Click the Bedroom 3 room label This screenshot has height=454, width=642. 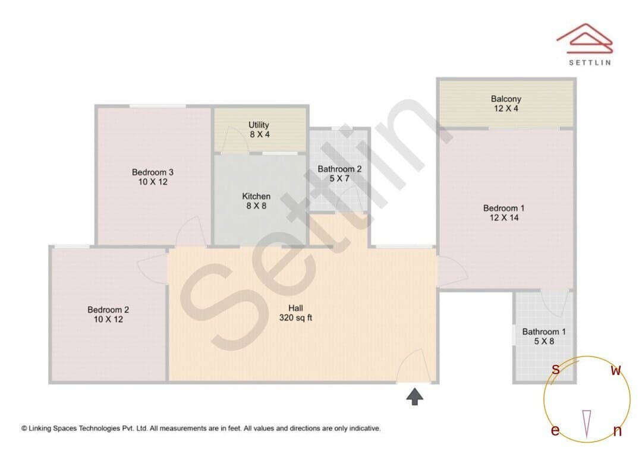(x=153, y=172)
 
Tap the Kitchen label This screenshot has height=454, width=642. (x=256, y=196)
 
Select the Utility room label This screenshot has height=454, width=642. (x=259, y=125)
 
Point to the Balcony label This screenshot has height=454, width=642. (x=506, y=99)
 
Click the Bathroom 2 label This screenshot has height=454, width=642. (x=339, y=169)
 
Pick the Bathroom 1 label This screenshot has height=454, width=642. (x=544, y=332)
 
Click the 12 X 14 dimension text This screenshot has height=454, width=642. (x=504, y=217)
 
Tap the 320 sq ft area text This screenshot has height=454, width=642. (x=295, y=318)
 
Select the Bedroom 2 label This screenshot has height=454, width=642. (x=108, y=310)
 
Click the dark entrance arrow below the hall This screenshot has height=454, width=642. (x=415, y=397)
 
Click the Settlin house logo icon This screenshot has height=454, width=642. (x=585, y=38)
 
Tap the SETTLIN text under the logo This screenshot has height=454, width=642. (x=590, y=62)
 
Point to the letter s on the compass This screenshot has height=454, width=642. (x=556, y=369)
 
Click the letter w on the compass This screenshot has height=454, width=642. (x=616, y=370)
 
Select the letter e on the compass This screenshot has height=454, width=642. (x=555, y=430)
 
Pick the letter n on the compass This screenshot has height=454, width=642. (x=618, y=431)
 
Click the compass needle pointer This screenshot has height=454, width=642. (x=587, y=424)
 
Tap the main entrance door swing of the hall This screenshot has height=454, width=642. (x=413, y=365)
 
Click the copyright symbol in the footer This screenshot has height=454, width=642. (x=24, y=428)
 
